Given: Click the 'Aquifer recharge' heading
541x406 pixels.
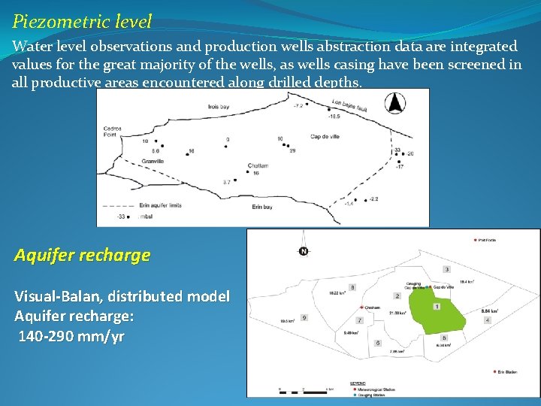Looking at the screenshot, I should tap(82, 255).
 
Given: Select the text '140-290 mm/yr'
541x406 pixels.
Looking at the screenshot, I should tap(71, 336).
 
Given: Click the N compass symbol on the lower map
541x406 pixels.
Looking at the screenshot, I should tap(304, 250).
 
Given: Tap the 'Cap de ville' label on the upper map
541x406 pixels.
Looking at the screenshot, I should tap(325, 137).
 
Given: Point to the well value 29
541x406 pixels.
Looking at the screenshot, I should tap(292, 151).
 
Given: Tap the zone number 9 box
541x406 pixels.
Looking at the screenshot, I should tap(305, 318).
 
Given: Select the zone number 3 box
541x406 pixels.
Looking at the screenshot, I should tap(447, 269).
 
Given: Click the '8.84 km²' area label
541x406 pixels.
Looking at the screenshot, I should tap(490, 311).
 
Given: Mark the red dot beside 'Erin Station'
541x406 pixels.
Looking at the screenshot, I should tap(494, 371).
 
